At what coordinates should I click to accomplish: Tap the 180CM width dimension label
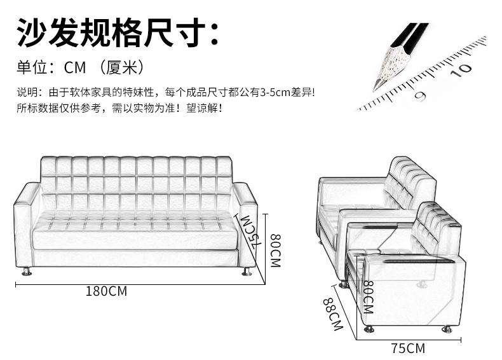(x=107, y=292)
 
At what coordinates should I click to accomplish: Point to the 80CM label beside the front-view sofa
(x=275, y=250)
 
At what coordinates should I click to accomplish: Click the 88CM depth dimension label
(x=332, y=314)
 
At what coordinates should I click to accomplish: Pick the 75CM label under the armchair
(x=408, y=348)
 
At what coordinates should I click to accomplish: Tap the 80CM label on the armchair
(x=367, y=298)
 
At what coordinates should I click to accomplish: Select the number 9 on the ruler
(x=420, y=95)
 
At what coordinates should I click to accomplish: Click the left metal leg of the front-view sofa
(x=27, y=272)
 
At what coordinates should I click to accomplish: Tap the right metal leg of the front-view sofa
(x=247, y=272)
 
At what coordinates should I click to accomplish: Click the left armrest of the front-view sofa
(x=26, y=226)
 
